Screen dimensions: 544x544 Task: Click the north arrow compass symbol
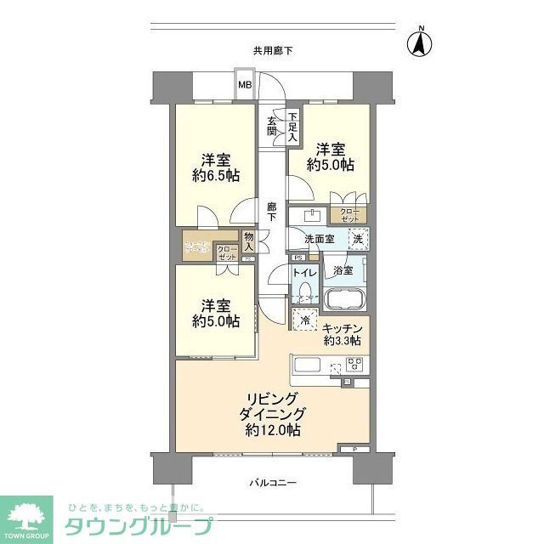(x=420, y=43)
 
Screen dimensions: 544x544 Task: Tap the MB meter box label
(x=245, y=84)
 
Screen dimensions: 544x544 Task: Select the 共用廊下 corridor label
(x=272, y=51)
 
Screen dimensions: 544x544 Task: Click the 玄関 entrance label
(x=272, y=125)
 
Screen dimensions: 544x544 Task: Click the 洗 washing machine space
(x=359, y=239)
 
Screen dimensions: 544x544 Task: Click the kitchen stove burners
(x=355, y=367)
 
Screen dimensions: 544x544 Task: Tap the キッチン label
(x=343, y=328)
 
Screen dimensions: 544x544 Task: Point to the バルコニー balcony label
(x=273, y=483)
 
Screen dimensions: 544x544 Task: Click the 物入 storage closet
(x=248, y=241)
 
